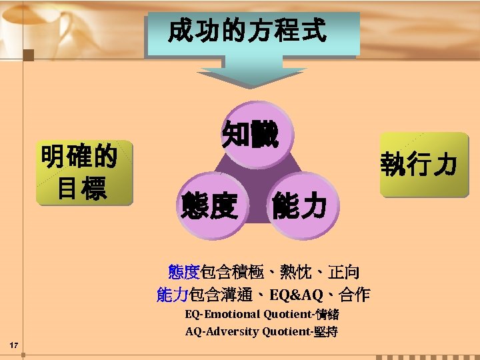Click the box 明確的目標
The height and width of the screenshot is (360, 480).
[x=79, y=172]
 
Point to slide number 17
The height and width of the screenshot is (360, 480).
[x=14, y=344]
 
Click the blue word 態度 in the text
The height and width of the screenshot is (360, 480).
[x=184, y=271]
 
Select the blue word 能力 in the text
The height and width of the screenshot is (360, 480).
[x=173, y=294]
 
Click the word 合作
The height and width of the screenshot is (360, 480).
[x=354, y=294]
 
